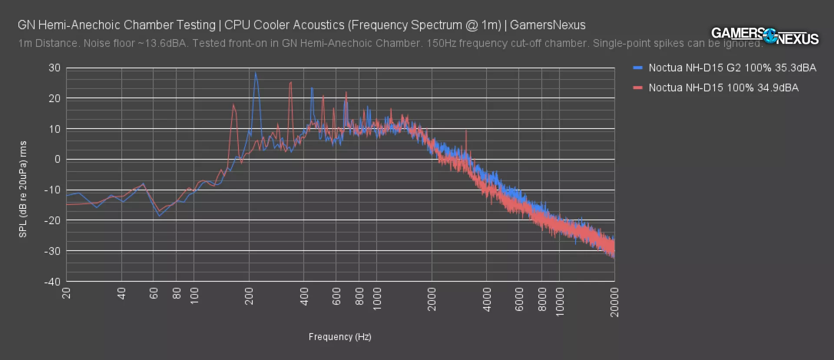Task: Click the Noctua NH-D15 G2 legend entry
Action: click(732, 68)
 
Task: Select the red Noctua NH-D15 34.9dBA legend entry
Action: click(723, 88)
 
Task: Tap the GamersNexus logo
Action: click(764, 36)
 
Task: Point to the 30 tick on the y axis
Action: click(54, 68)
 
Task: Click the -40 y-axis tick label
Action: click(53, 281)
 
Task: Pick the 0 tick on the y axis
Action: click(57, 159)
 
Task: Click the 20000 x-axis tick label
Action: click(614, 302)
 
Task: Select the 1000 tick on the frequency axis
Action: click(377, 299)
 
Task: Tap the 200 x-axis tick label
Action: click(249, 296)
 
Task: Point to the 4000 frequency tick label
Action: click(487, 299)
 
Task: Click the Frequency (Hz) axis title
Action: click(340, 337)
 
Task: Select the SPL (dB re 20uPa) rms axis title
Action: click(23, 189)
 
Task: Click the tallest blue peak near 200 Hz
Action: click(255, 73)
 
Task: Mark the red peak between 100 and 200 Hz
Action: click(233, 105)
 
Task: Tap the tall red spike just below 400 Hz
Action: click(291, 83)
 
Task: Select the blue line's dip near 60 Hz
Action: click(159, 215)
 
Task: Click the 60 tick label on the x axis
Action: click(154, 294)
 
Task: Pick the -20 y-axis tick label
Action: click(53, 221)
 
